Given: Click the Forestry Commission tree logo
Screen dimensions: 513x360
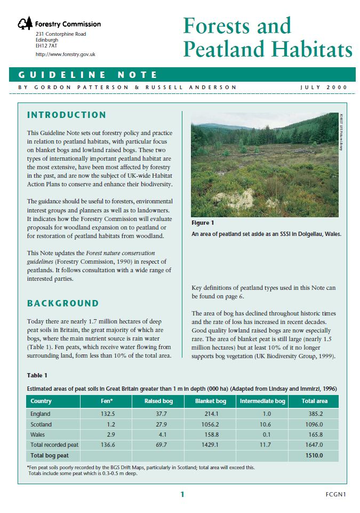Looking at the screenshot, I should point(25,23).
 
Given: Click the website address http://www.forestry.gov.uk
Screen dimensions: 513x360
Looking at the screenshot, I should point(66,54).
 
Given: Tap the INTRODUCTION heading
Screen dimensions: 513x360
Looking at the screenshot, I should point(67,115).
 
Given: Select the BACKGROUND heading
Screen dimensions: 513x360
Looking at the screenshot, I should point(63,303).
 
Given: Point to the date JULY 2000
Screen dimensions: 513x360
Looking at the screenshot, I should point(324,88).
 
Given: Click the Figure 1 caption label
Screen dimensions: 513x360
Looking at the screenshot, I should point(203,223).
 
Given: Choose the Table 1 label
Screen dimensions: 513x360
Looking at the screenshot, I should point(37,375).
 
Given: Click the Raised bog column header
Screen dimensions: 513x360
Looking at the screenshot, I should point(158,401).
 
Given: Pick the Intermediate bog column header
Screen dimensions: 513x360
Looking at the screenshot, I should point(262,401).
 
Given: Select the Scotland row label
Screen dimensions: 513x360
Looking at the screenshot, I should point(41,424).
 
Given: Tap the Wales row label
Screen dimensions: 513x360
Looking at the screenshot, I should point(38,435).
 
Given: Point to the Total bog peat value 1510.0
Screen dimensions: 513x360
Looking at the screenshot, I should point(314,455).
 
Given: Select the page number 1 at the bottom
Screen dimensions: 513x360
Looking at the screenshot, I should point(182,494).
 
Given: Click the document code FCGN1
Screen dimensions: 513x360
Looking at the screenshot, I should point(335,494).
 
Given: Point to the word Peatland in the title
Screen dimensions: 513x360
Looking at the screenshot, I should point(224,49).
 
